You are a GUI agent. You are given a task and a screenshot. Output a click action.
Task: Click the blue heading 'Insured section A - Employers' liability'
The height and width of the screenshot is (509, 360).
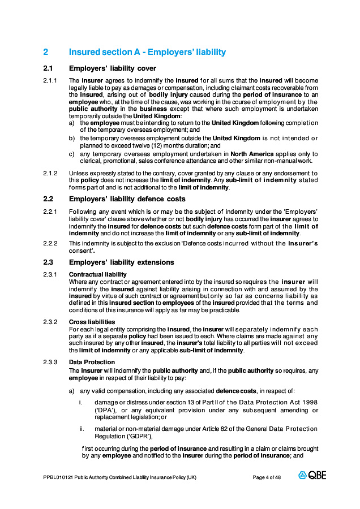[147, 52]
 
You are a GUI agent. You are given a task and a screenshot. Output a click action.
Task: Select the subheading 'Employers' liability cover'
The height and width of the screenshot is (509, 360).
[113, 69]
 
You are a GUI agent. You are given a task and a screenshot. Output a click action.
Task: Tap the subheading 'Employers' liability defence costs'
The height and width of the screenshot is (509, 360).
[127, 199]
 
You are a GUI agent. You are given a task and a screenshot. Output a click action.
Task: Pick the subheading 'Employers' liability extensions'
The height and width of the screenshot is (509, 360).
[121, 262]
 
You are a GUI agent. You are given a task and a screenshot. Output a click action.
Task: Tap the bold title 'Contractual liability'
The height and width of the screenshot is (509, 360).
[97, 275]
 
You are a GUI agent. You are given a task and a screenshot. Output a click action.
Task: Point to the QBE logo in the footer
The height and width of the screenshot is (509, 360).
[312, 476]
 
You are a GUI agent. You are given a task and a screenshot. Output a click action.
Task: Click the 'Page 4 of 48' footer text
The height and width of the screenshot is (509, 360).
[267, 477]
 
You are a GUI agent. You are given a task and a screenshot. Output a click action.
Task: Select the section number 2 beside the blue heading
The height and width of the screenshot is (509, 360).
[46, 52]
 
